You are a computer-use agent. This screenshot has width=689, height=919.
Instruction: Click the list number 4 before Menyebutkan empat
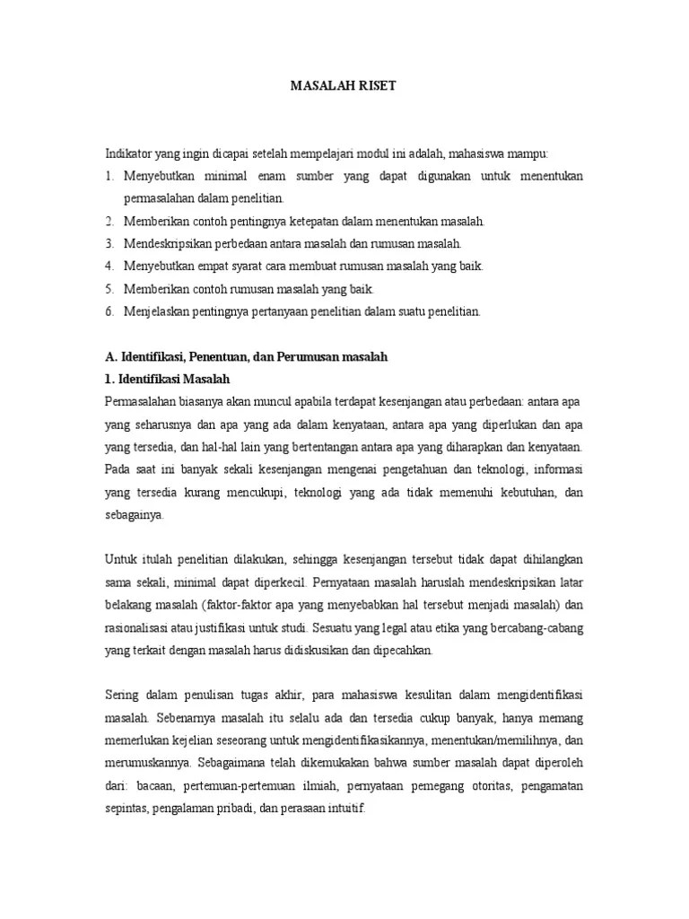[x=109, y=267]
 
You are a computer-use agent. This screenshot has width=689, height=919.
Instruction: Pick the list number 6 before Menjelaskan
[x=109, y=311]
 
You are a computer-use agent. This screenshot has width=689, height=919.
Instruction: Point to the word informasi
[x=556, y=469]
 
